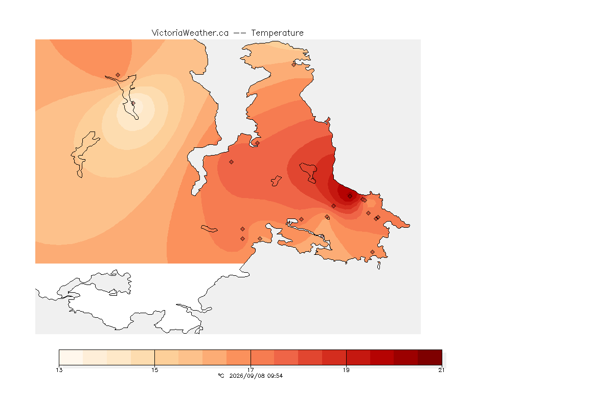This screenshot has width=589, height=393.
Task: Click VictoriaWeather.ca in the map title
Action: pyautogui.click(x=190, y=33)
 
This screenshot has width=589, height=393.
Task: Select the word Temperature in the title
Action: pyautogui.click(x=277, y=33)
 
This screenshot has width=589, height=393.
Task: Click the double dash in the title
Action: pyautogui.click(x=240, y=33)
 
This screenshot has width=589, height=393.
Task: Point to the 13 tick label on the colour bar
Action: pyautogui.click(x=59, y=370)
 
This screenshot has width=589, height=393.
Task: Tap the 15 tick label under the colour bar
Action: pyautogui.click(x=155, y=370)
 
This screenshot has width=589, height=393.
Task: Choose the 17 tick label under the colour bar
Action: pyautogui.click(x=251, y=370)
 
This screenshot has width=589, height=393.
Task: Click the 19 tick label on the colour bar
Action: pyautogui.click(x=346, y=370)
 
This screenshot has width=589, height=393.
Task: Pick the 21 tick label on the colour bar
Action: pyautogui.click(x=441, y=370)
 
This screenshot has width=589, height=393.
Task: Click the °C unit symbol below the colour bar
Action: pyautogui.click(x=221, y=376)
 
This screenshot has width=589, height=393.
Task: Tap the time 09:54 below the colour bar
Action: pyautogui.click(x=275, y=376)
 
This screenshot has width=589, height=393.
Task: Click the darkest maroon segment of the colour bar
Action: pyautogui.click(x=429, y=357)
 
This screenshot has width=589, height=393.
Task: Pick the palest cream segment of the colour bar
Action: pyautogui.click(x=71, y=357)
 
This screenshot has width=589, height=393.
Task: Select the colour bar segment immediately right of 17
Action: pyautogui.click(x=263, y=357)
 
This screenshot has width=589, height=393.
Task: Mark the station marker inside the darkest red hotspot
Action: pyautogui.click(x=350, y=196)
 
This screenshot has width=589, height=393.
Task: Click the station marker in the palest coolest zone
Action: pyautogui.click(x=133, y=103)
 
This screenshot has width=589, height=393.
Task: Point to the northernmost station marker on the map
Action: pyautogui.click(x=294, y=64)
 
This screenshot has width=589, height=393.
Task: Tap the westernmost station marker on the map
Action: pyautogui.click(x=118, y=75)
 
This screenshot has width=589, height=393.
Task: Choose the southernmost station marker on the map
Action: pyautogui.click(x=372, y=252)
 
